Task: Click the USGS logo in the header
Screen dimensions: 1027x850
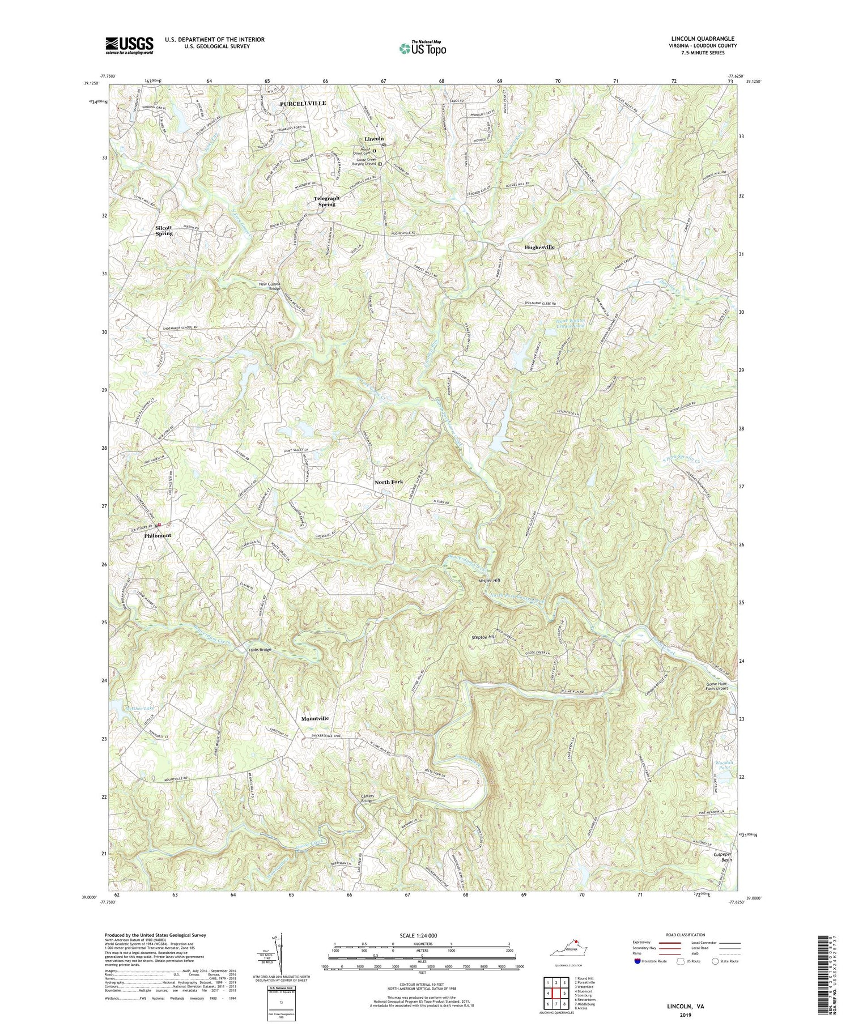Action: (129, 45)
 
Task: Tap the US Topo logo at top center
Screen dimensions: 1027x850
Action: (422, 48)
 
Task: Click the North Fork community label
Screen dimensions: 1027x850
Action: (389, 481)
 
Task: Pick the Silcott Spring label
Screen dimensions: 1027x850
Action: (164, 230)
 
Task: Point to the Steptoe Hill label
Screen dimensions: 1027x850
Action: (484, 637)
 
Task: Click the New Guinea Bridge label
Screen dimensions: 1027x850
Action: (270, 285)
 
